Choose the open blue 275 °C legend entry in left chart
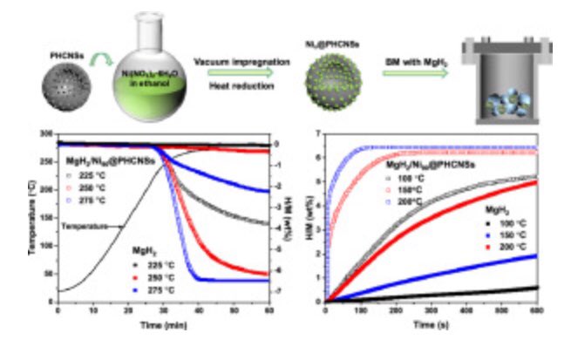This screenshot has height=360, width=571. (90, 199)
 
